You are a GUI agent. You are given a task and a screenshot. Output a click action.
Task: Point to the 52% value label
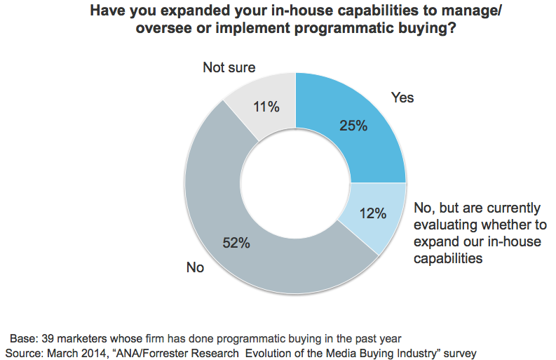coord(236,244)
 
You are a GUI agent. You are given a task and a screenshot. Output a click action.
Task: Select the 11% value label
coord(266,107)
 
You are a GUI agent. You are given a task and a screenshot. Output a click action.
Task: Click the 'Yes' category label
coord(402,98)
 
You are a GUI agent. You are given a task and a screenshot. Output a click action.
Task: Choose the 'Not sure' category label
coord(229,68)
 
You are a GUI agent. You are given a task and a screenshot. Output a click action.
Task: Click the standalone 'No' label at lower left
coord(195,267)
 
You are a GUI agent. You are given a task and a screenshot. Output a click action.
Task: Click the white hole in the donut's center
coord(295,183)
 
